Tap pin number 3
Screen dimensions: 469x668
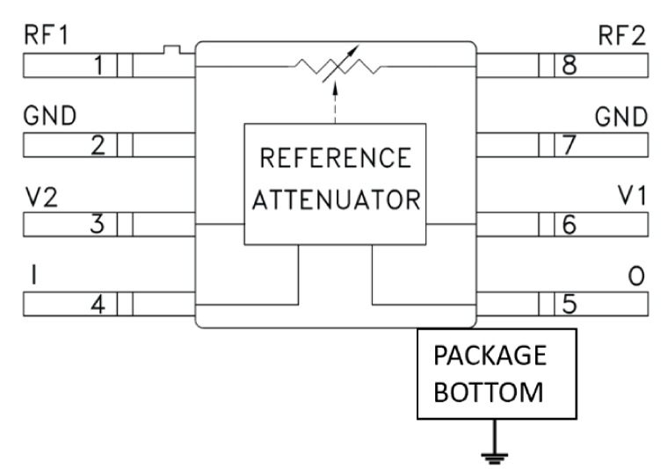[100, 225]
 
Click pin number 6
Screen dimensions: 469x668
[570, 225]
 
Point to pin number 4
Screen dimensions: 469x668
[99, 305]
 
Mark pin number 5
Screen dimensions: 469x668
[570, 305]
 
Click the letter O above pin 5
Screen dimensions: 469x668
[637, 277]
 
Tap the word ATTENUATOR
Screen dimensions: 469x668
[335, 199]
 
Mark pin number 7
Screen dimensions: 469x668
[570, 146]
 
